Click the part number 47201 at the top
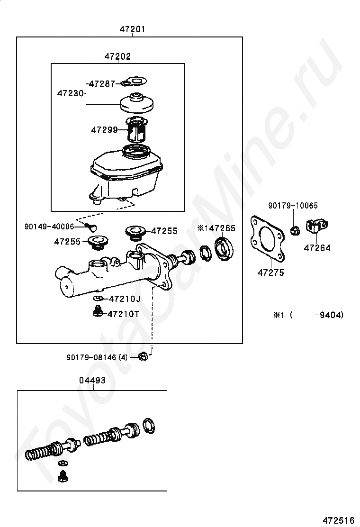132,29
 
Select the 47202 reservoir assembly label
117,56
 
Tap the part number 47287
102,83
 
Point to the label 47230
70,93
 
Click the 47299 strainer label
104,129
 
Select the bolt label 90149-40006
49,227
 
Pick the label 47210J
125,299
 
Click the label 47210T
124,313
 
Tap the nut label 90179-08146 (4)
97,357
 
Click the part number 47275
270,272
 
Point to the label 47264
317,247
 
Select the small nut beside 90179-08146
144,356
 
